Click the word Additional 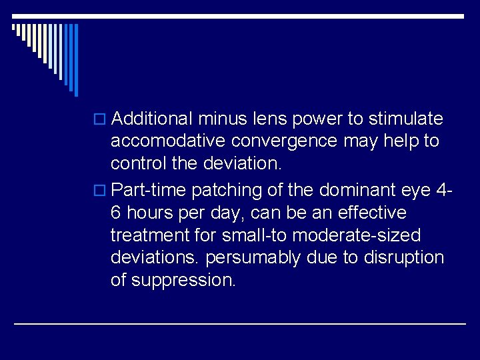pyautogui.click(x=153, y=119)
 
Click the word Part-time pyautogui.click(x=149, y=191)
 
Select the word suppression pyautogui.click(x=183, y=281)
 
